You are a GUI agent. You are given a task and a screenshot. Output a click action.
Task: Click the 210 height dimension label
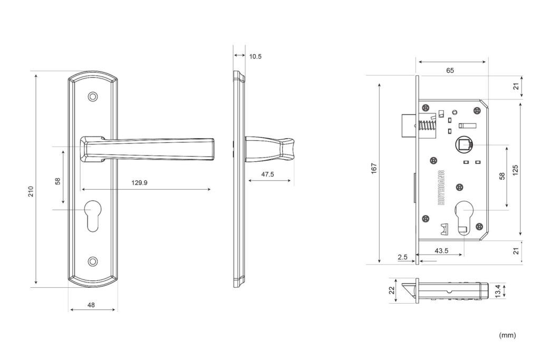coord(31,191)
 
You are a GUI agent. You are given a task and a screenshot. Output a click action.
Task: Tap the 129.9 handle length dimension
coord(139,182)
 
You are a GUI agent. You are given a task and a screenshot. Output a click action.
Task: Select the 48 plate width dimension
coord(91,305)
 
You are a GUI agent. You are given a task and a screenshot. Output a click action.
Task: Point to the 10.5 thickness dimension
coord(255,56)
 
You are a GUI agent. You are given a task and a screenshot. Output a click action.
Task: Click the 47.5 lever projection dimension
coord(267,174)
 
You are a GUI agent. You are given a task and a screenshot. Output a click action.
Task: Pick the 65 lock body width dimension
coord(450,71)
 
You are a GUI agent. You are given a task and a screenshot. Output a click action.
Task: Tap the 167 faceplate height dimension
coord(374,168)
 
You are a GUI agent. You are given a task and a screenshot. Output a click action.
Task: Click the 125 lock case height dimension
coord(515,170)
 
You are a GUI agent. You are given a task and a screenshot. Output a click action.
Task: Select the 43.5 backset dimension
coord(441,250)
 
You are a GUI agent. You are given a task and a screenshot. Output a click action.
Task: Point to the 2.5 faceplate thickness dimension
coord(402,257)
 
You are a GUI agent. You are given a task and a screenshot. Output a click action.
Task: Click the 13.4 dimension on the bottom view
coord(498,291)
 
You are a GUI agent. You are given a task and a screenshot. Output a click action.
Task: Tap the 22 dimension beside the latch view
coord(392,290)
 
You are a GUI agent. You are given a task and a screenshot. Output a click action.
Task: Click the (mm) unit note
coord(507,335)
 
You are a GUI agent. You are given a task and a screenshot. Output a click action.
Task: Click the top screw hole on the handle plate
coord(92,96)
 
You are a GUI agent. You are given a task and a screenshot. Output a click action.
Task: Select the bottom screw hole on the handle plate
coord(92,261)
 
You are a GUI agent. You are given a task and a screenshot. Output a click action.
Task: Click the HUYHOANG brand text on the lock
coord(441,188)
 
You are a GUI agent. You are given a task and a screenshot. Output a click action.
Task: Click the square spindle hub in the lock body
coord(464,145)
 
